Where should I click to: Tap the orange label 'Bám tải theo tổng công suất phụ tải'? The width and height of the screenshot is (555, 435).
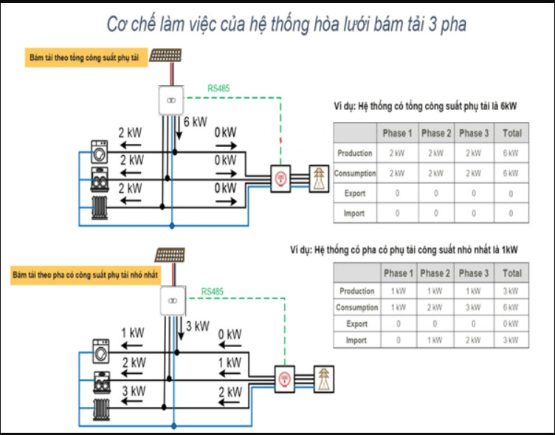[85, 57]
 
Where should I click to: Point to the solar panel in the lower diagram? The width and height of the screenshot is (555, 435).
[170, 256]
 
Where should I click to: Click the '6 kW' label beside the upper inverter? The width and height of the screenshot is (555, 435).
[196, 122]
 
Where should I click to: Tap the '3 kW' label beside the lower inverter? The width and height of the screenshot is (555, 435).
[198, 326]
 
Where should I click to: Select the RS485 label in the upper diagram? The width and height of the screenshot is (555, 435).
[218, 89]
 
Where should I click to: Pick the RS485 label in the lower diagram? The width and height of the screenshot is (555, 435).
[213, 292]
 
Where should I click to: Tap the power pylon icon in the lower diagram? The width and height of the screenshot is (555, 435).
[324, 377]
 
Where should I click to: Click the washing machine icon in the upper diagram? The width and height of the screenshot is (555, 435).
[100, 152]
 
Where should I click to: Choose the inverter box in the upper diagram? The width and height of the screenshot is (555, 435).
[170, 100]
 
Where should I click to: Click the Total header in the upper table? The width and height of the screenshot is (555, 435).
[511, 133]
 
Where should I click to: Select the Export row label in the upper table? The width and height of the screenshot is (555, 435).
[355, 193]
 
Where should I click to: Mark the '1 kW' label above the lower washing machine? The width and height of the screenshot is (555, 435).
[133, 333]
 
